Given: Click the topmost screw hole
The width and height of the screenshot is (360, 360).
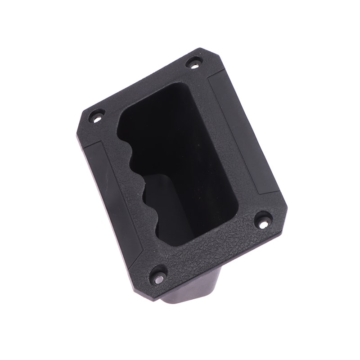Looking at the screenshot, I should pos(193,63).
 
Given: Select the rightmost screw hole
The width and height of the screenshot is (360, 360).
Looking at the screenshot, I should pos(263,220).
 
